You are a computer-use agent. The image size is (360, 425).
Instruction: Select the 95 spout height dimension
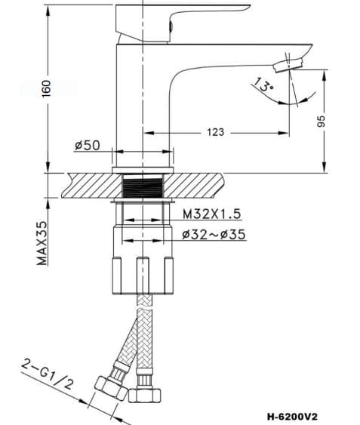pos(321,120)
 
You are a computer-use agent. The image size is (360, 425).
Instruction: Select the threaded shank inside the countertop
pos(143,187)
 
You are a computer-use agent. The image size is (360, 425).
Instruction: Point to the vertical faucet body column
pos(143,91)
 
